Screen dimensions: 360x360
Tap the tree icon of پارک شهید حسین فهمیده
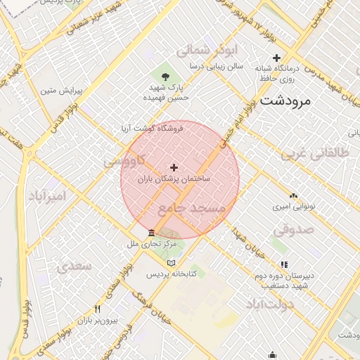coord(165,75)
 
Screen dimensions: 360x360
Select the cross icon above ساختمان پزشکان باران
coord(174,167)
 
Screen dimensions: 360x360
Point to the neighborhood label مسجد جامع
coord(191,209)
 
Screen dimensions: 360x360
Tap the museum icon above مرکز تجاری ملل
coord(151,233)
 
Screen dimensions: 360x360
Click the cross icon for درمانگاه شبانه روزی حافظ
coord(276,58)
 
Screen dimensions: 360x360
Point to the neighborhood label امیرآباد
coord(48,195)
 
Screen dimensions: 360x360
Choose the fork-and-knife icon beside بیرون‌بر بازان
coord(97,309)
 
